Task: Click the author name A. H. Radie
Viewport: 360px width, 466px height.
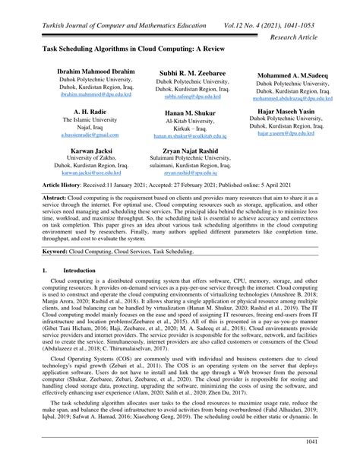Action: coord(85,110)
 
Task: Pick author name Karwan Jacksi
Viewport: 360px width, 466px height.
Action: coord(85,151)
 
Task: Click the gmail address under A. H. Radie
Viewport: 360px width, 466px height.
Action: coord(85,134)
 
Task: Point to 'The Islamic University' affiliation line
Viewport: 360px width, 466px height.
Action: coord(85,119)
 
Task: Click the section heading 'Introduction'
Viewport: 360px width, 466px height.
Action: coord(74,270)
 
